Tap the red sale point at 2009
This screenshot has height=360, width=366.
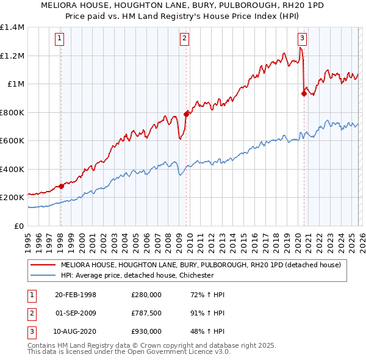(186, 113)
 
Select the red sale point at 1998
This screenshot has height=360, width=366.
(61, 186)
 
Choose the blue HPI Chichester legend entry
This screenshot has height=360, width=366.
(137, 275)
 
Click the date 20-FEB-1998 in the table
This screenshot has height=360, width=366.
(76, 295)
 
